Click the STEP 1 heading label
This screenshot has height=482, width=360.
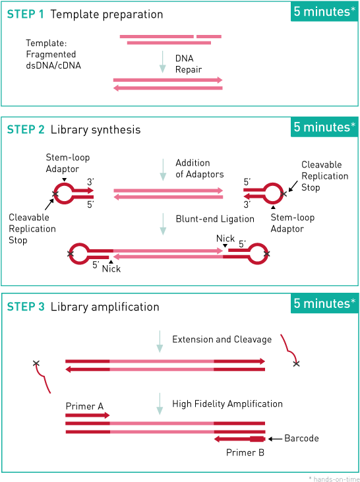[x=26, y=14]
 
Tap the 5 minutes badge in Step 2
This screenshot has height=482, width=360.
[x=324, y=127]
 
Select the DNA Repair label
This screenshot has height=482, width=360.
[x=189, y=64]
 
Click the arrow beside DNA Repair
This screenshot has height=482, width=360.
[x=163, y=62]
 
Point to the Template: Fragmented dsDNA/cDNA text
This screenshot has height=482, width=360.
[x=53, y=54]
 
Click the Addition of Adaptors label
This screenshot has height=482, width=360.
[x=200, y=168]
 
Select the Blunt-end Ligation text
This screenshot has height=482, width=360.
[x=215, y=219]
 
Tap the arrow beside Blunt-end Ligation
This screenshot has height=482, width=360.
[x=163, y=224]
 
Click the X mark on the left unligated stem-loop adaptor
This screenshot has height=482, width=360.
[x=55, y=194]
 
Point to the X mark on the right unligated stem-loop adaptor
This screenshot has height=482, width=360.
[x=284, y=194]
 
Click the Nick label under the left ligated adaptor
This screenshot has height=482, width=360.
[x=111, y=268]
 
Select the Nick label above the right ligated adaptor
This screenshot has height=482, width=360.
[x=225, y=238]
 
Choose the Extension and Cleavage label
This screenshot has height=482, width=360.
[x=222, y=340]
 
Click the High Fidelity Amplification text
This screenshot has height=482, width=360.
[x=227, y=404]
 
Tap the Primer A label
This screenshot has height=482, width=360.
[x=84, y=406]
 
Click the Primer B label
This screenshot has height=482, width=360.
[x=245, y=452]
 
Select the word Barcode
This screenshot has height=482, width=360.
[x=301, y=438]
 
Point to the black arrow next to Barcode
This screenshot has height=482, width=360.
[x=275, y=439]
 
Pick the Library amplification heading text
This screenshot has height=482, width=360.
[x=105, y=307]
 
